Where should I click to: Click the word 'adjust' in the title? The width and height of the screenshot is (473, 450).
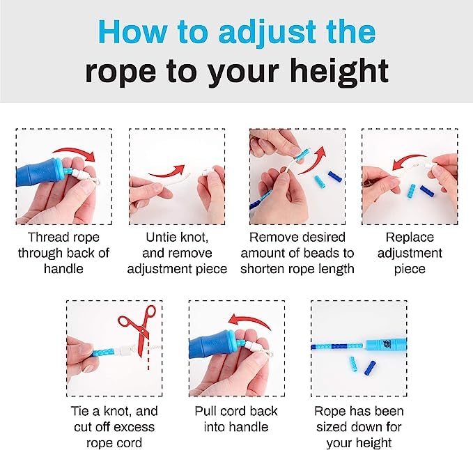pos(267,33)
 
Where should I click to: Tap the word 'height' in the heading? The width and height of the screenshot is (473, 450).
pos(339,72)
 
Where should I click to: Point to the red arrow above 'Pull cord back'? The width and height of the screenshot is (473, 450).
pos(249,320)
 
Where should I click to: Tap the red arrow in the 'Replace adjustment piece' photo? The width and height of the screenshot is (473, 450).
pos(409,160)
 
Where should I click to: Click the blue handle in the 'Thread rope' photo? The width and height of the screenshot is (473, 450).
pos(39,173)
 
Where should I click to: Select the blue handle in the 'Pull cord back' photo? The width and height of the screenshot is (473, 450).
pos(212,347)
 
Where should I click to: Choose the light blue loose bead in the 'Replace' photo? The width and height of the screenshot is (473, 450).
pos(411,192)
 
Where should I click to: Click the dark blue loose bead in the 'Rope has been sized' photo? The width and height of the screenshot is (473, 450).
pos(370,368)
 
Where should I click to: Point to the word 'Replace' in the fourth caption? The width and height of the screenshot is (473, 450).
pos(410,238)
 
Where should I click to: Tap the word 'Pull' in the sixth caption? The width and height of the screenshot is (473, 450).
pos(205,411)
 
